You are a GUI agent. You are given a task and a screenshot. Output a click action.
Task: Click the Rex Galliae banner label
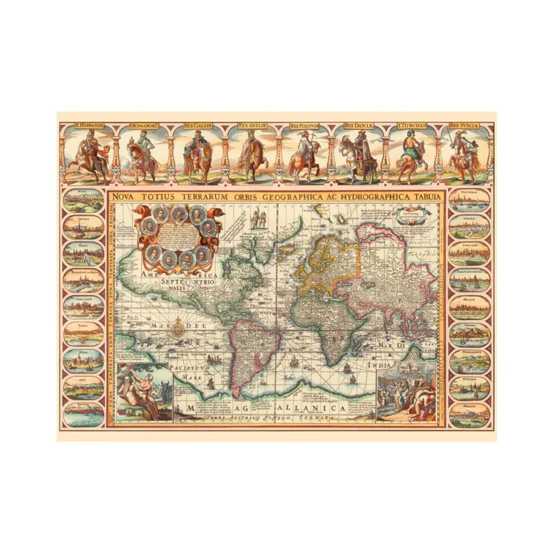198,126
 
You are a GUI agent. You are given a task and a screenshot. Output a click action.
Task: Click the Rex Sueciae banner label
462,126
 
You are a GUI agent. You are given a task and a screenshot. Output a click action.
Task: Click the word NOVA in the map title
125,196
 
